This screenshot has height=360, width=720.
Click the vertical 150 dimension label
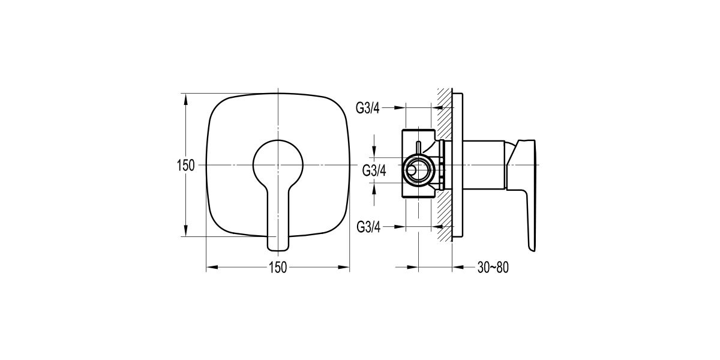[186, 166]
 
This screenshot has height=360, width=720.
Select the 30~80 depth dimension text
[493, 268]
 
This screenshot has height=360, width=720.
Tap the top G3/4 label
[368, 108]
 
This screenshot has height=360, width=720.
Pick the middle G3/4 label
[374, 170]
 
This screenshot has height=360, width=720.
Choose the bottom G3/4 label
[368, 227]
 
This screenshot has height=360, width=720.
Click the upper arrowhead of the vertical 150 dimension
[186, 98]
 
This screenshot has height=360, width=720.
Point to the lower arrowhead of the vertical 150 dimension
[186, 232]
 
